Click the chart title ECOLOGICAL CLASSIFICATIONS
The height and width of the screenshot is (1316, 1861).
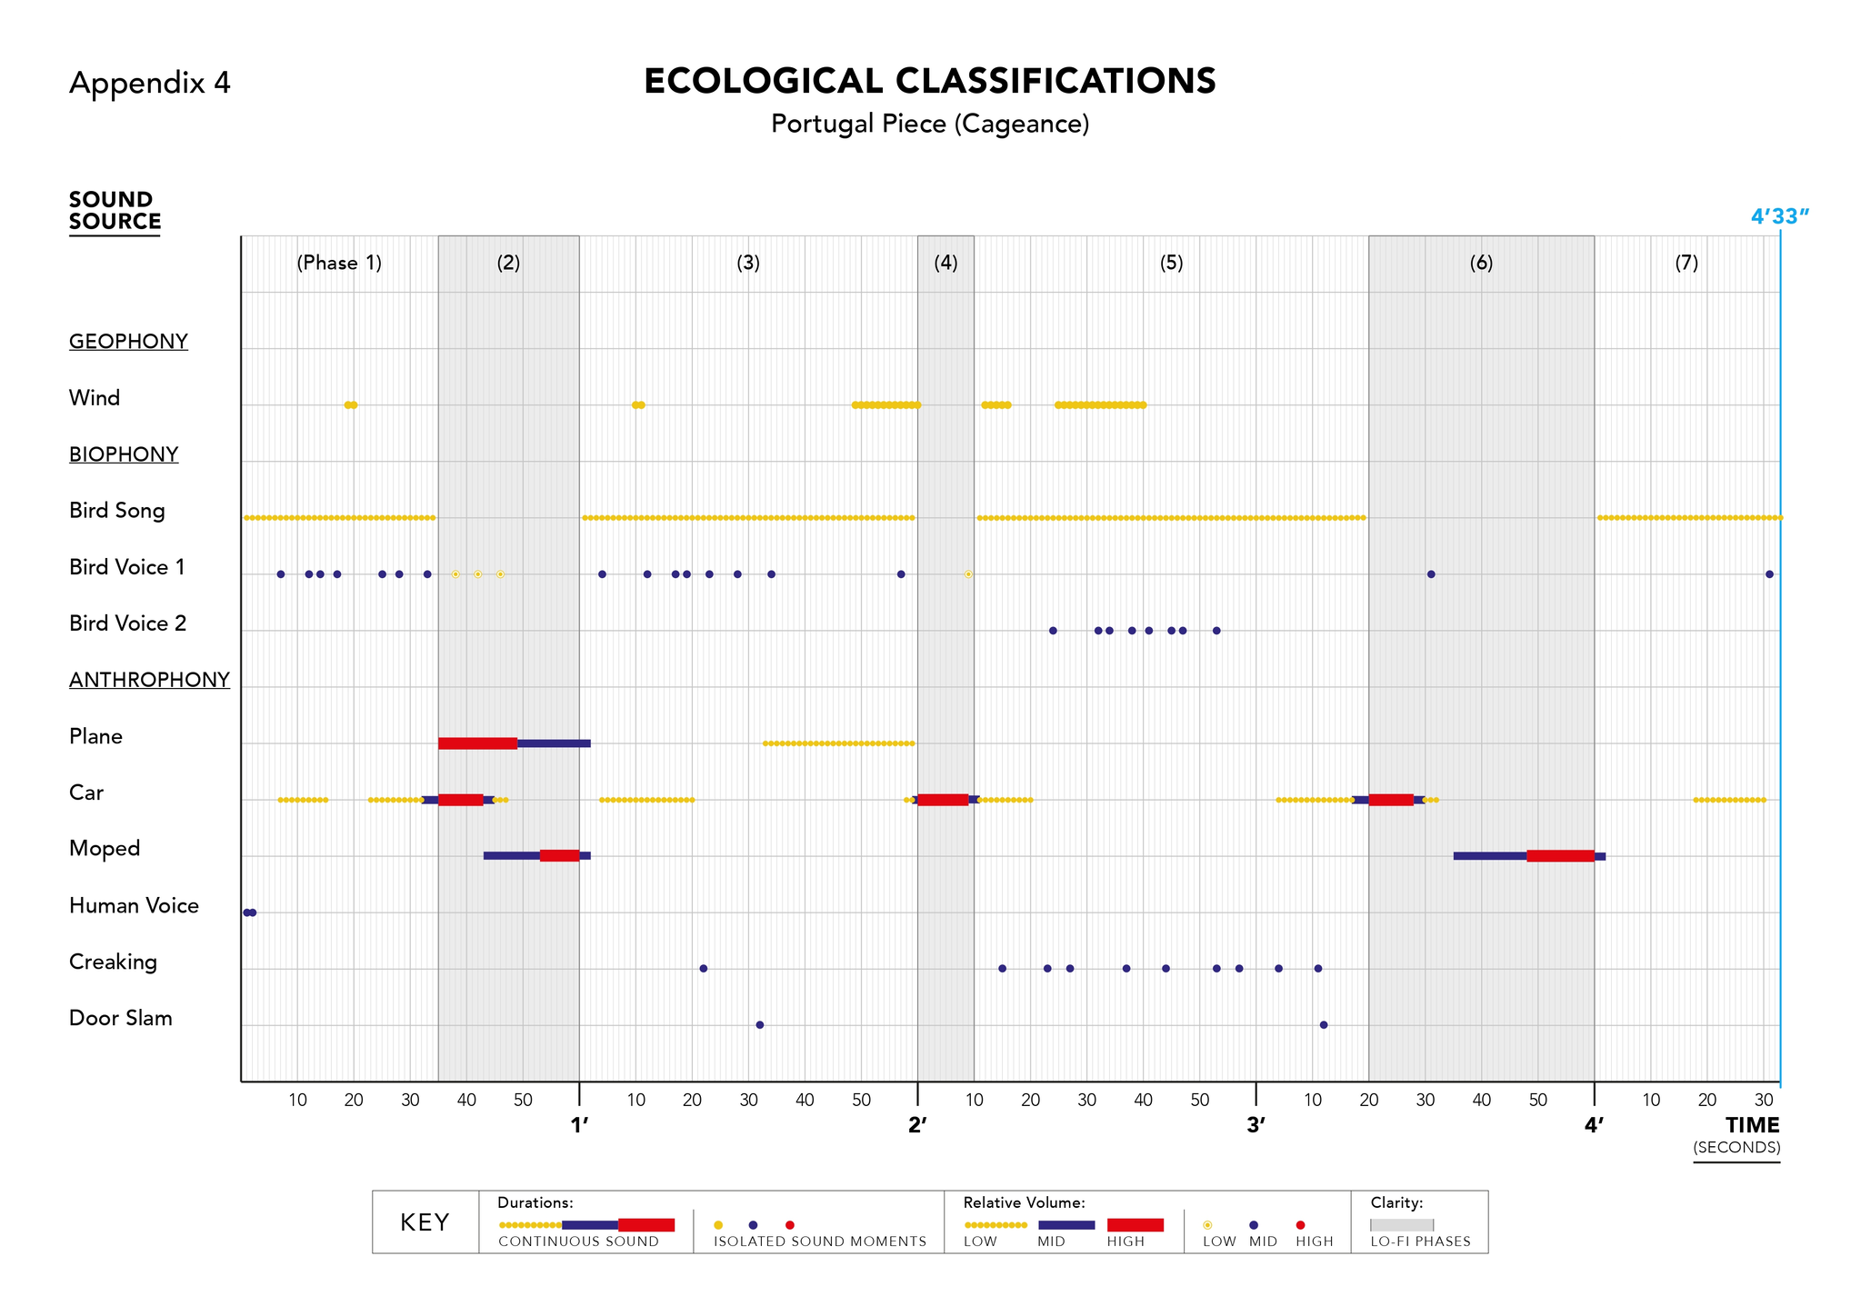[929, 82]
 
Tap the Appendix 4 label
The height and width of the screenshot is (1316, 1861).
[150, 84]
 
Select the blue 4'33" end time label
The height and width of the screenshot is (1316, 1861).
[1779, 216]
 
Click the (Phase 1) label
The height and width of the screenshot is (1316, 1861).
[339, 264]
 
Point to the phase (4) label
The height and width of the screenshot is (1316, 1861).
[946, 264]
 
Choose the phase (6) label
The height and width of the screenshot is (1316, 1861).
[1481, 264]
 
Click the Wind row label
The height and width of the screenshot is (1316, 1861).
[95, 398]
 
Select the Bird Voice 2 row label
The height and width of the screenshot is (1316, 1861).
[127, 623]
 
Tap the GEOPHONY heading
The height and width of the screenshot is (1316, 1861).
[128, 342]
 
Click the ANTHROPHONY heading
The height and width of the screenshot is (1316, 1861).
[149, 680]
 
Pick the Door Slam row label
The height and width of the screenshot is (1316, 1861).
[121, 1018]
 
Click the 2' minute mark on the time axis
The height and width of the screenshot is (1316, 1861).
[917, 1125]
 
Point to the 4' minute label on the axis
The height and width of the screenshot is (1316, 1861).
[1594, 1125]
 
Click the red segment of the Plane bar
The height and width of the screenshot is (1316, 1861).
[477, 743]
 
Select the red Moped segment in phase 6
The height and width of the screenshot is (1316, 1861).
[1560, 856]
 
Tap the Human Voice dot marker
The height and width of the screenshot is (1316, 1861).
[249, 912]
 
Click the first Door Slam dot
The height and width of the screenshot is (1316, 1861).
[760, 1025]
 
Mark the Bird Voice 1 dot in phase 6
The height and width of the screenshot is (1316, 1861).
[1431, 574]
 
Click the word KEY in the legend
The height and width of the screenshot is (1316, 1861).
[425, 1222]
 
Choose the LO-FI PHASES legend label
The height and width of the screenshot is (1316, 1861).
[1420, 1241]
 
